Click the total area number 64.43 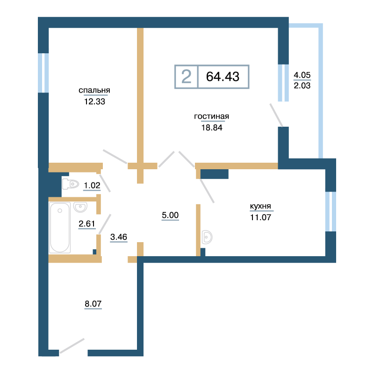click(x=223, y=77)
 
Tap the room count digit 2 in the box click(x=186, y=77)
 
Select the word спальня click(x=94, y=90)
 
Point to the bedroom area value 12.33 click(x=94, y=101)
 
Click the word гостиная click(x=212, y=116)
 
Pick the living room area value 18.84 click(x=212, y=128)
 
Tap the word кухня click(x=260, y=206)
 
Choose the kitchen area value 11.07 click(x=260, y=217)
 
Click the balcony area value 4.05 click(x=302, y=75)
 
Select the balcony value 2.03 click(x=302, y=86)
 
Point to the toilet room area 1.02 click(x=92, y=185)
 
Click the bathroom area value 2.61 click(x=87, y=224)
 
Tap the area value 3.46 click(x=119, y=237)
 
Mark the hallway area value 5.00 click(x=170, y=215)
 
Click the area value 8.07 click(x=93, y=303)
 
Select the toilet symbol click(x=71, y=184)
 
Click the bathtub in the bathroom click(x=60, y=228)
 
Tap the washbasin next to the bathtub click(x=80, y=207)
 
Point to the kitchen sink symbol click(x=207, y=237)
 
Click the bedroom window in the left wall click(x=43, y=73)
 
